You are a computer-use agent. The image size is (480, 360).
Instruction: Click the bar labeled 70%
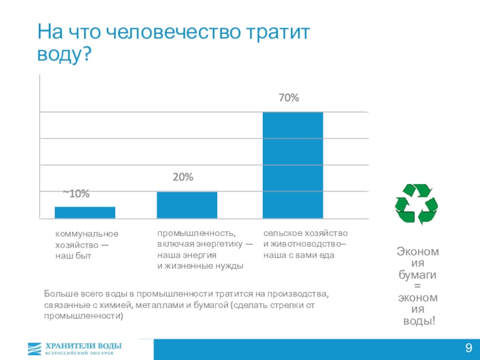point(293,165)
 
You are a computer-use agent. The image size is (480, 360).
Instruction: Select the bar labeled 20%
point(187,205)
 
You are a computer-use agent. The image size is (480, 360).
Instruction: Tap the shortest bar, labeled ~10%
point(85,212)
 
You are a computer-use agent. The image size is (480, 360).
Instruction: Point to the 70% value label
point(289,97)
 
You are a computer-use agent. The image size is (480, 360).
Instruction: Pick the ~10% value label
point(76,193)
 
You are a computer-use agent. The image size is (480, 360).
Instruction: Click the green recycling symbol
point(416,204)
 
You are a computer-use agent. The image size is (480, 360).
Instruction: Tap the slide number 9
point(468,349)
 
